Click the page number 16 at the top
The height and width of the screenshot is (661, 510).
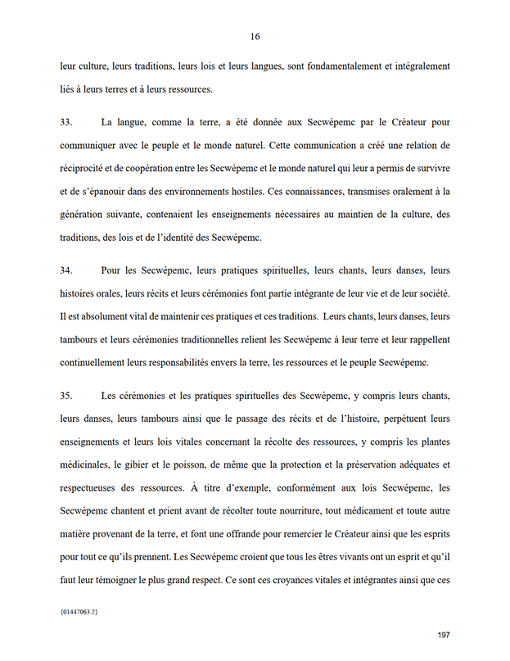point(255,37)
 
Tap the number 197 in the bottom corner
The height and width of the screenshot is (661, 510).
point(445,635)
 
